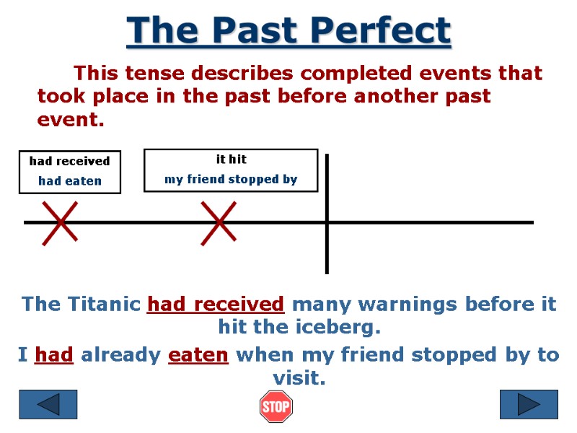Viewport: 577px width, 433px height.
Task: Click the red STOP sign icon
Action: (276, 406)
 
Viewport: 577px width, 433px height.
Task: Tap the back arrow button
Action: (48, 404)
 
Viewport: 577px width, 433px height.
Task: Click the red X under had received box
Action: (60, 223)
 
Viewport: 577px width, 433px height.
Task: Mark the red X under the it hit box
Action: (219, 223)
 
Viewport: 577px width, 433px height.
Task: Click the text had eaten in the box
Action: (70, 181)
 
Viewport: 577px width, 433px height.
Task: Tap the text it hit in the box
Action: (231, 159)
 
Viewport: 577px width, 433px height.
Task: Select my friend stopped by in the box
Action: (231, 179)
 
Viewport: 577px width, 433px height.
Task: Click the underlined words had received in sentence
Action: (216, 304)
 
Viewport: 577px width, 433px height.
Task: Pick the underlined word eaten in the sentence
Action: (198, 355)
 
